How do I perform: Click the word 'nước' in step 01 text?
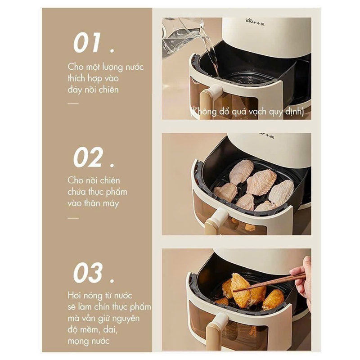coord(133,67)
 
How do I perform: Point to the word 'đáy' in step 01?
coord(76,90)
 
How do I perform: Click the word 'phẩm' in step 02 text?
coord(117,192)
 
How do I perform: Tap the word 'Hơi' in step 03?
coord(75,296)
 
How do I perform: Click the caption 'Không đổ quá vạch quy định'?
coord(246,112)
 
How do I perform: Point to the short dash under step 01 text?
coord(73,103)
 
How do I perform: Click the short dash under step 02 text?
coord(73,218)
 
